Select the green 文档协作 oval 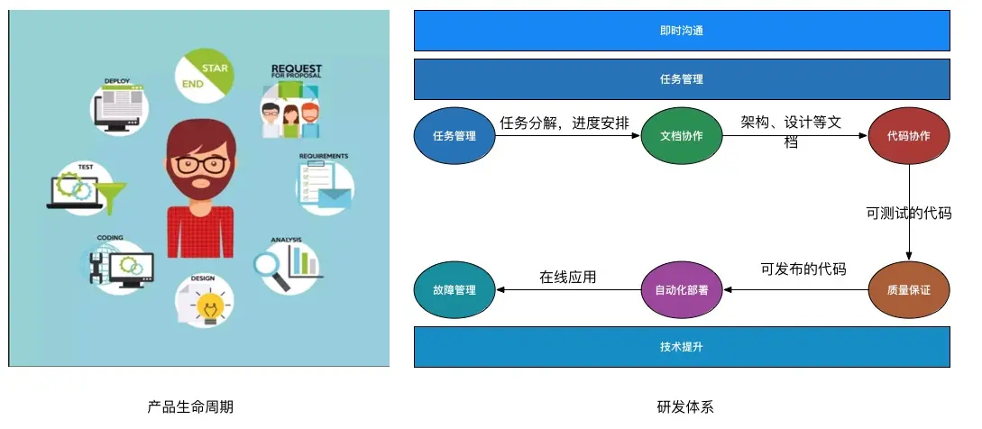[682, 136]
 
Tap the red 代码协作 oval [908, 136]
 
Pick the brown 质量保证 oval [908, 290]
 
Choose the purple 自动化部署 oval [682, 290]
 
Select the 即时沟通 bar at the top [682, 30]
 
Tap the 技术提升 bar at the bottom [682, 347]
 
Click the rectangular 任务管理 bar [682, 78]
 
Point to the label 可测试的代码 [908, 214]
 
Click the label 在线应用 [568, 277]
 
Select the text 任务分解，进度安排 [564, 123]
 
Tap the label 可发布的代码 [803, 269]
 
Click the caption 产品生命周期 [190, 406]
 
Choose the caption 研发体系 [685, 406]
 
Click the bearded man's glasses [201, 165]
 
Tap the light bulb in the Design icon [211, 304]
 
